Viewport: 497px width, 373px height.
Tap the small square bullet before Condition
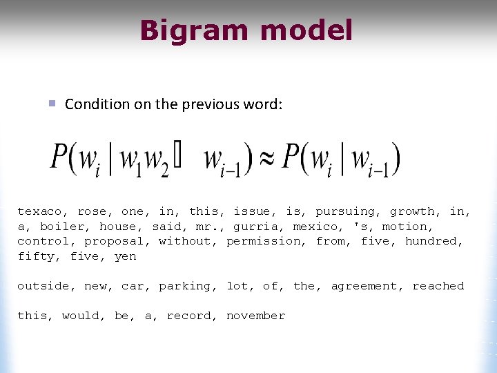(51, 104)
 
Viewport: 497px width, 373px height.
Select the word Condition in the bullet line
(97, 104)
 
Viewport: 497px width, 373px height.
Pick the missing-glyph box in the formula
(178, 160)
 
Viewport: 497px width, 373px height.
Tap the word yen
(125, 256)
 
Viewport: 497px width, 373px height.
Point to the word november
(255, 316)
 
